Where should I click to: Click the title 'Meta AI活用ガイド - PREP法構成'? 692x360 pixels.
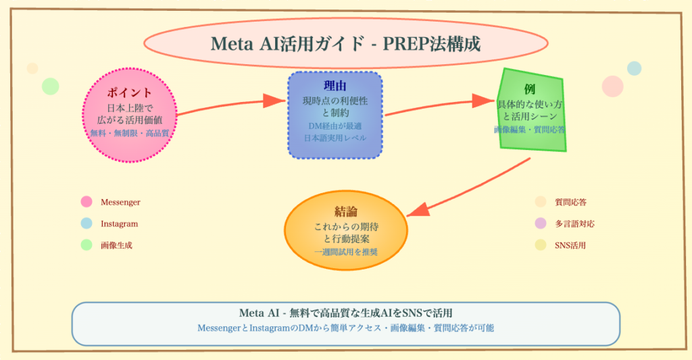click(x=345, y=45)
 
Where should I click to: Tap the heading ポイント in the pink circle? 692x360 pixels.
click(x=129, y=94)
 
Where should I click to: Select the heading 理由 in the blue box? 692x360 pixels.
click(x=335, y=86)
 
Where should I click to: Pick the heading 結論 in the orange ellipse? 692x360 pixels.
click(x=345, y=212)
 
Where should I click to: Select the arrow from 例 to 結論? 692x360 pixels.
click(x=473, y=186)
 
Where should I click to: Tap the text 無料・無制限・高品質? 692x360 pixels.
click(x=129, y=133)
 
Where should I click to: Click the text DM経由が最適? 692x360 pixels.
click(x=335, y=126)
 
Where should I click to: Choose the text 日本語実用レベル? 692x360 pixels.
click(x=335, y=138)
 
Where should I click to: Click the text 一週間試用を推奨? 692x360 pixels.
click(x=345, y=252)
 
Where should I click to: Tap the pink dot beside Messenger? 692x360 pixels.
click(x=86, y=201)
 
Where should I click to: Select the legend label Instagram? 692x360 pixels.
click(x=119, y=224)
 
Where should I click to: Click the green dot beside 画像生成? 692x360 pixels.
click(x=86, y=245)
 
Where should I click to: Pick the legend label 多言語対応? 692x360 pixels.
click(x=574, y=224)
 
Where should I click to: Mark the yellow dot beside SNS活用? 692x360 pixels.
click(x=540, y=245)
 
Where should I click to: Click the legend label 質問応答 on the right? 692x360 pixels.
click(x=570, y=201)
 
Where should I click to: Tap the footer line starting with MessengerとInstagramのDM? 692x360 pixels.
click(x=345, y=328)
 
